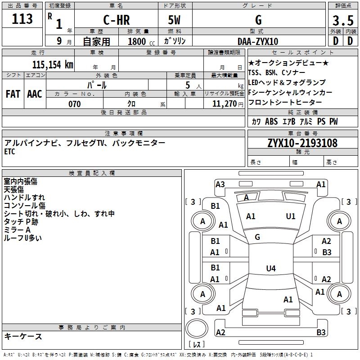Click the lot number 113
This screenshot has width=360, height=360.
pos(22,19)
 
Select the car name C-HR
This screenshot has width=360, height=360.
pos(117,20)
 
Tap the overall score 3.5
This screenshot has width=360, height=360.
pos(343,20)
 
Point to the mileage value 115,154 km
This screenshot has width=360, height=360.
pos(53,64)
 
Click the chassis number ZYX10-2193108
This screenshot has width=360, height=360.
pos(302,143)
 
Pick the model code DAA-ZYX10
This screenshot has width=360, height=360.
pos(258,41)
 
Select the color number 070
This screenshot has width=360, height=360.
pos(75,104)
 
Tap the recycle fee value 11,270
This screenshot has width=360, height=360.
pos(225,104)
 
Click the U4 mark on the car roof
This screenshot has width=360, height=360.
pos(271,268)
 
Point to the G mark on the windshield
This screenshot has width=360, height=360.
pos(257,237)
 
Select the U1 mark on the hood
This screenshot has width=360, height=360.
pos(291,216)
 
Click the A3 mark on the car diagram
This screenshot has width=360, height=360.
pos(220,184)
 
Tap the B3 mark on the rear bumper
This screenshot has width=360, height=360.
pos(321,332)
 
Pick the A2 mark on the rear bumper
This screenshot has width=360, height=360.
pos(220,332)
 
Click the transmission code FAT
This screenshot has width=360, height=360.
pos(13,94)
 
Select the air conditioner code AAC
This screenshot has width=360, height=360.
pos(35,94)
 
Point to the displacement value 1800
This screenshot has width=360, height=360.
pos(137,41)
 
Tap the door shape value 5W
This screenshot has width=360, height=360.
pos(174,20)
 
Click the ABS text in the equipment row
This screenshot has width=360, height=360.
pos(271,121)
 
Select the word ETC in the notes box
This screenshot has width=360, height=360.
pos(9,152)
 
